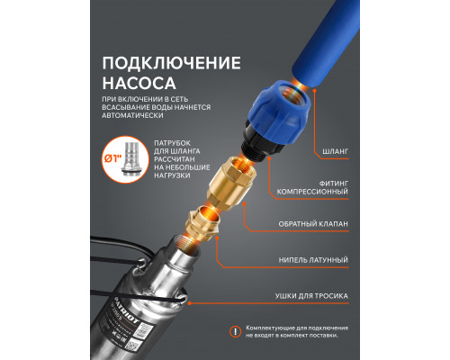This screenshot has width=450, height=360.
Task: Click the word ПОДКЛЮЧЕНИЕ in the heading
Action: coord(171,64)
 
